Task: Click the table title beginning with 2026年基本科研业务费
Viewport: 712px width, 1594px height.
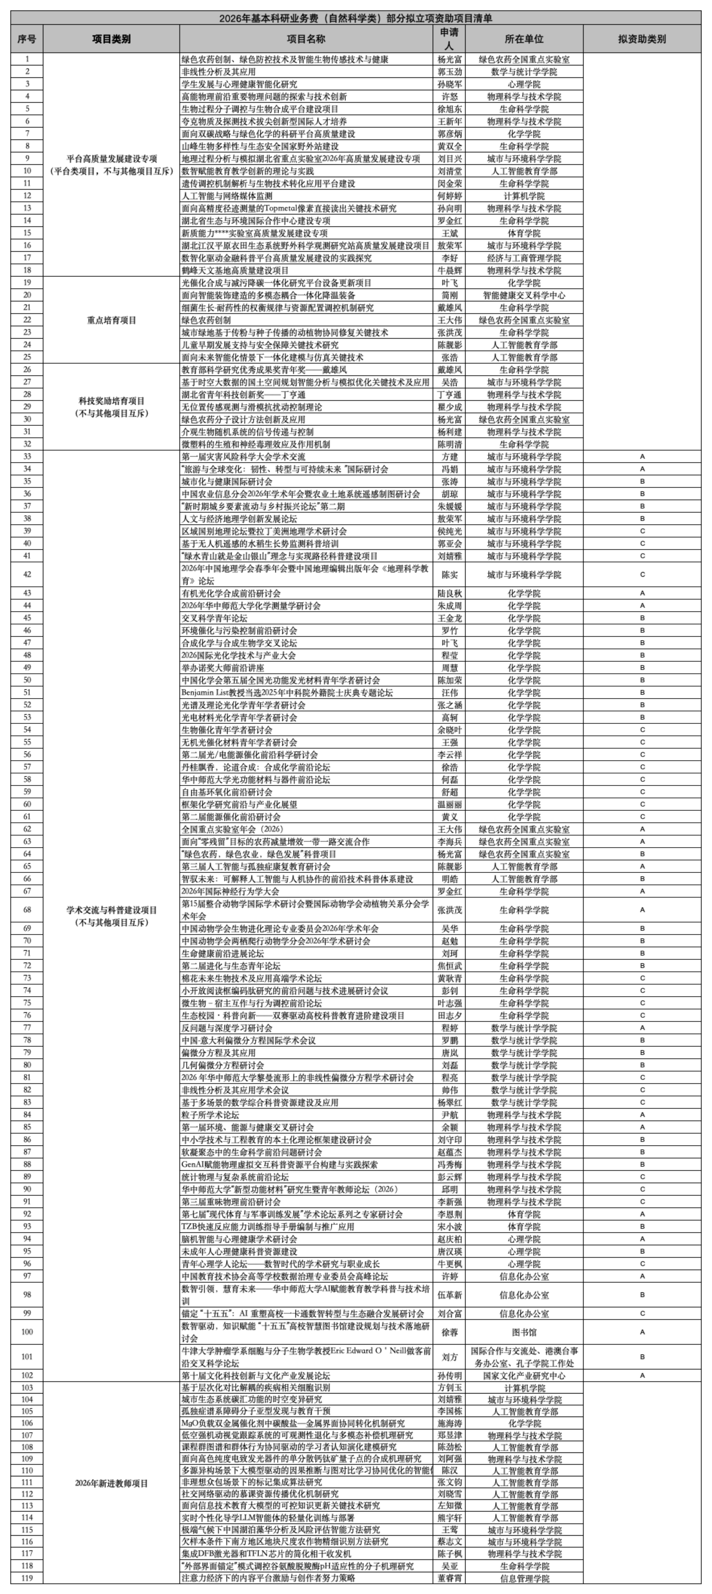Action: [x=356, y=18]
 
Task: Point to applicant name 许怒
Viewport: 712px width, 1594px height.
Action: [x=449, y=97]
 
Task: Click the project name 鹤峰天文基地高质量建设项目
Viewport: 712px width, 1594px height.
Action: [x=235, y=270]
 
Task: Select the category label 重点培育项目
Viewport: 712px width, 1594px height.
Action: [x=111, y=320]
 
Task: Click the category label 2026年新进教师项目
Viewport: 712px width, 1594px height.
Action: [x=111, y=1483]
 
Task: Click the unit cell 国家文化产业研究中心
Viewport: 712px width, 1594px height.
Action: [x=524, y=1376]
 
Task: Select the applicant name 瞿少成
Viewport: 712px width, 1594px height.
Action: [x=449, y=407]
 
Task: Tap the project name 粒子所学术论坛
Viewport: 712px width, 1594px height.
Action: [x=210, y=1114]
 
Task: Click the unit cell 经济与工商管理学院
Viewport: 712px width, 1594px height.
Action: [x=524, y=258]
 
